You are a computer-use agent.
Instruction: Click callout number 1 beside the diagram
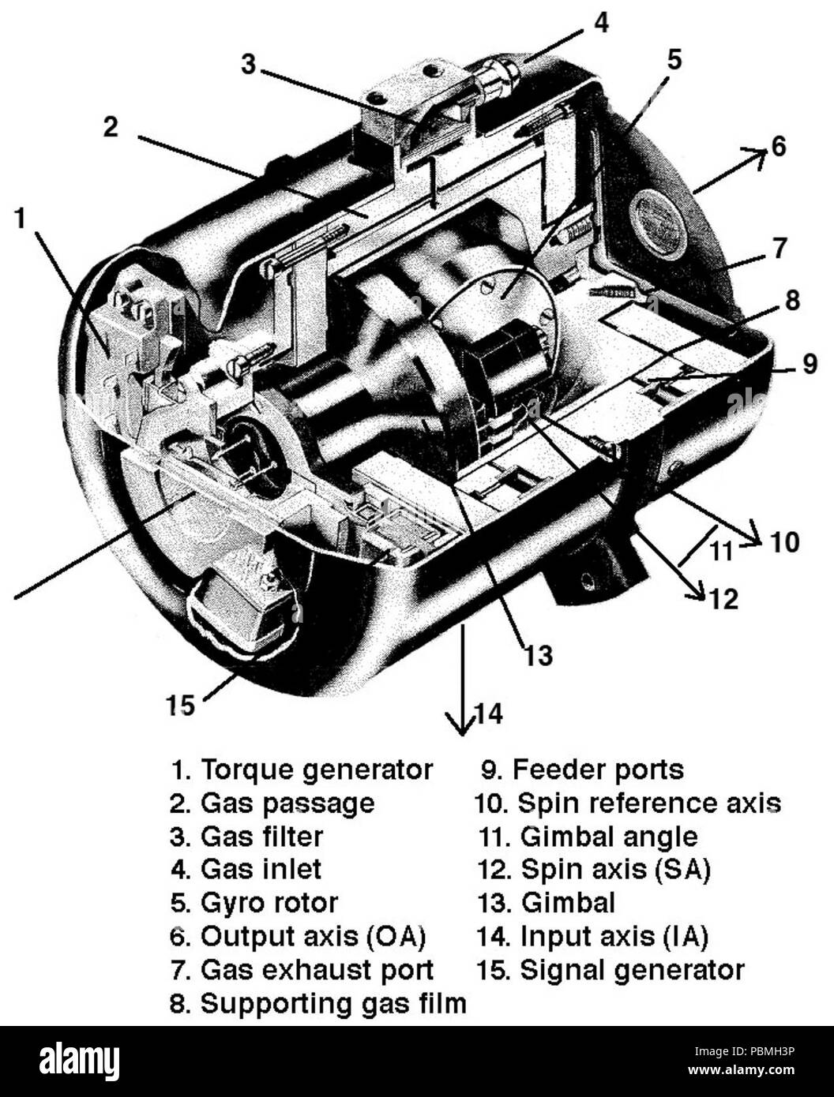click(21, 219)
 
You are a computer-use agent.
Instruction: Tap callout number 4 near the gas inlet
click(602, 22)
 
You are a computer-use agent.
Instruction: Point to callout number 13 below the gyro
click(538, 655)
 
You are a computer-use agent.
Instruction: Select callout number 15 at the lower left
click(180, 706)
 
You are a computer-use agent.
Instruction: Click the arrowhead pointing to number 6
click(755, 157)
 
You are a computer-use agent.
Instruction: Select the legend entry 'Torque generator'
click(301, 770)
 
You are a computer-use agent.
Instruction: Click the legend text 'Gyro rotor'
click(254, 903)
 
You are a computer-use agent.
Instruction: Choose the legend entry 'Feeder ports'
click(582, 770)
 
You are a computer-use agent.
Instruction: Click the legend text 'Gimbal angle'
click(588, 837)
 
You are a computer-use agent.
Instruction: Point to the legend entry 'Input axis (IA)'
click(592, 937)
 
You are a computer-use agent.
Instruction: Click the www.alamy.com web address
click(741, 1070)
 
